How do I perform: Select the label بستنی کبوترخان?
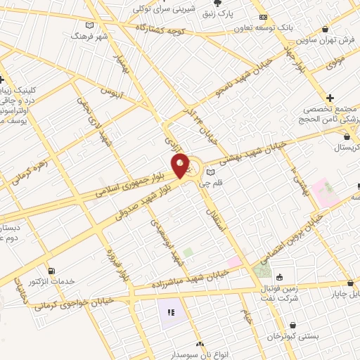[x=293, y=337]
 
